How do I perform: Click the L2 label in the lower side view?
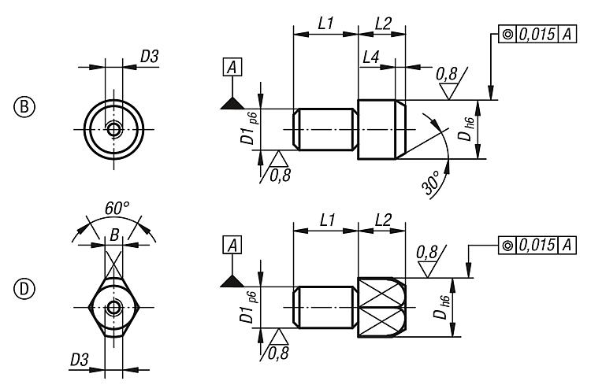click(x=383, y=221)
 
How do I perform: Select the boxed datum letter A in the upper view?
click(x=232, y=68)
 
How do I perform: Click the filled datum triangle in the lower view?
click(x=232, y=280)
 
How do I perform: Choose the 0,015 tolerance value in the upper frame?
click(x=536, y=34)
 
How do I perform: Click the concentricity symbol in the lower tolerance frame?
click(x=507, y=246)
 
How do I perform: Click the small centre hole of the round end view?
click(x=115, y=128)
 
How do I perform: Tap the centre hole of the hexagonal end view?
click(x=115, y=308)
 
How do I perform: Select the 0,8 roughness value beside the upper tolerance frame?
click(x=448, y=76)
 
